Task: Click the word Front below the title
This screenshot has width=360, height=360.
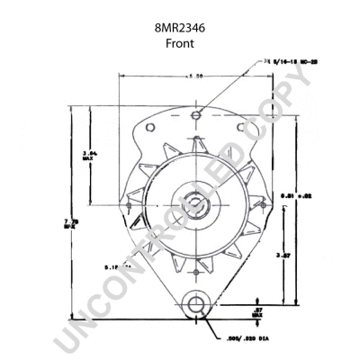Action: [179, 42]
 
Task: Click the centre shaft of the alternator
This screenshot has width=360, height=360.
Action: [193, 202]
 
